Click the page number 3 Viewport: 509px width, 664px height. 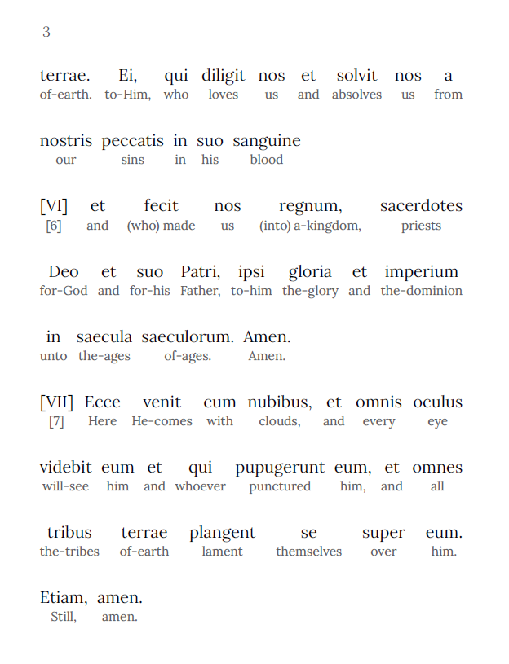[x=46, y=32]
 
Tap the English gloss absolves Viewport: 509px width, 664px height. [x=356, y=95]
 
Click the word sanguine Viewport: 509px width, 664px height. [x=267, y=141]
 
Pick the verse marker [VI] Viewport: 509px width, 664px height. [x=54, y=206]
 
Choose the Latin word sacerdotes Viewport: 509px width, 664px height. [x=421, y=206]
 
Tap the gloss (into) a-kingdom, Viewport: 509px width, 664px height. [x=310, y=226]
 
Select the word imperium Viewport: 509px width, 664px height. [x=421, y=271]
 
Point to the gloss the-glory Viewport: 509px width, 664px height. [x=310, y=291]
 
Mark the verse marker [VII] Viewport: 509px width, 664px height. [x=56, y=402]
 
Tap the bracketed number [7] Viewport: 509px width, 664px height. [x=55, y=421]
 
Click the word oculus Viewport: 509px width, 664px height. [x=437, y=402]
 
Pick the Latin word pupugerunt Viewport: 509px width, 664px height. [x=280, y=467]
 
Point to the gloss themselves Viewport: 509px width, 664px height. [x=308, y=552]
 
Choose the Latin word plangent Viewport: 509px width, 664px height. [x=222, y=533]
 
